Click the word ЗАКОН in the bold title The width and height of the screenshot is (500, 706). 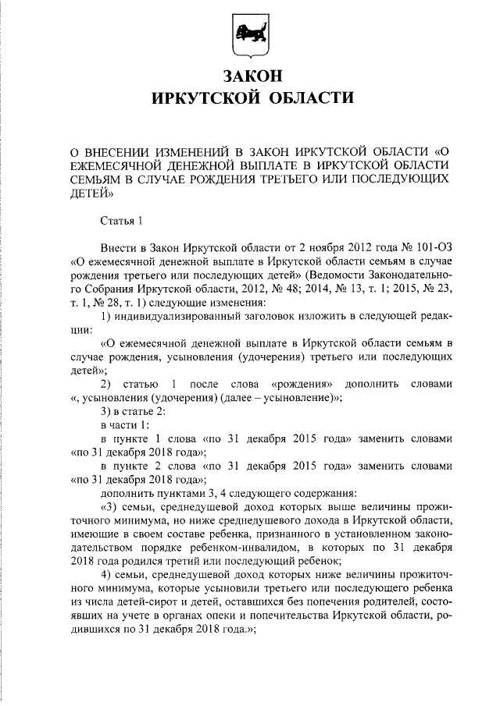coord(250,77)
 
